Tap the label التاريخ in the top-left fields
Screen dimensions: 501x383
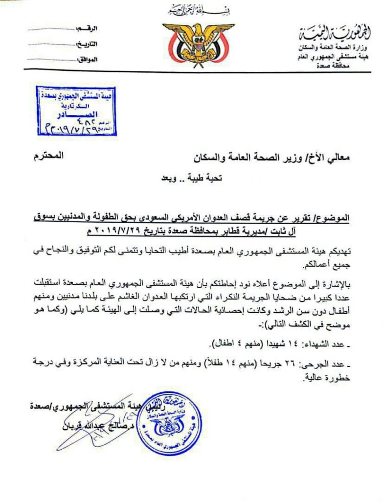click(x=87, y=44)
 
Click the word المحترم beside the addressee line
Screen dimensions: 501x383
click(x=49, y=157)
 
